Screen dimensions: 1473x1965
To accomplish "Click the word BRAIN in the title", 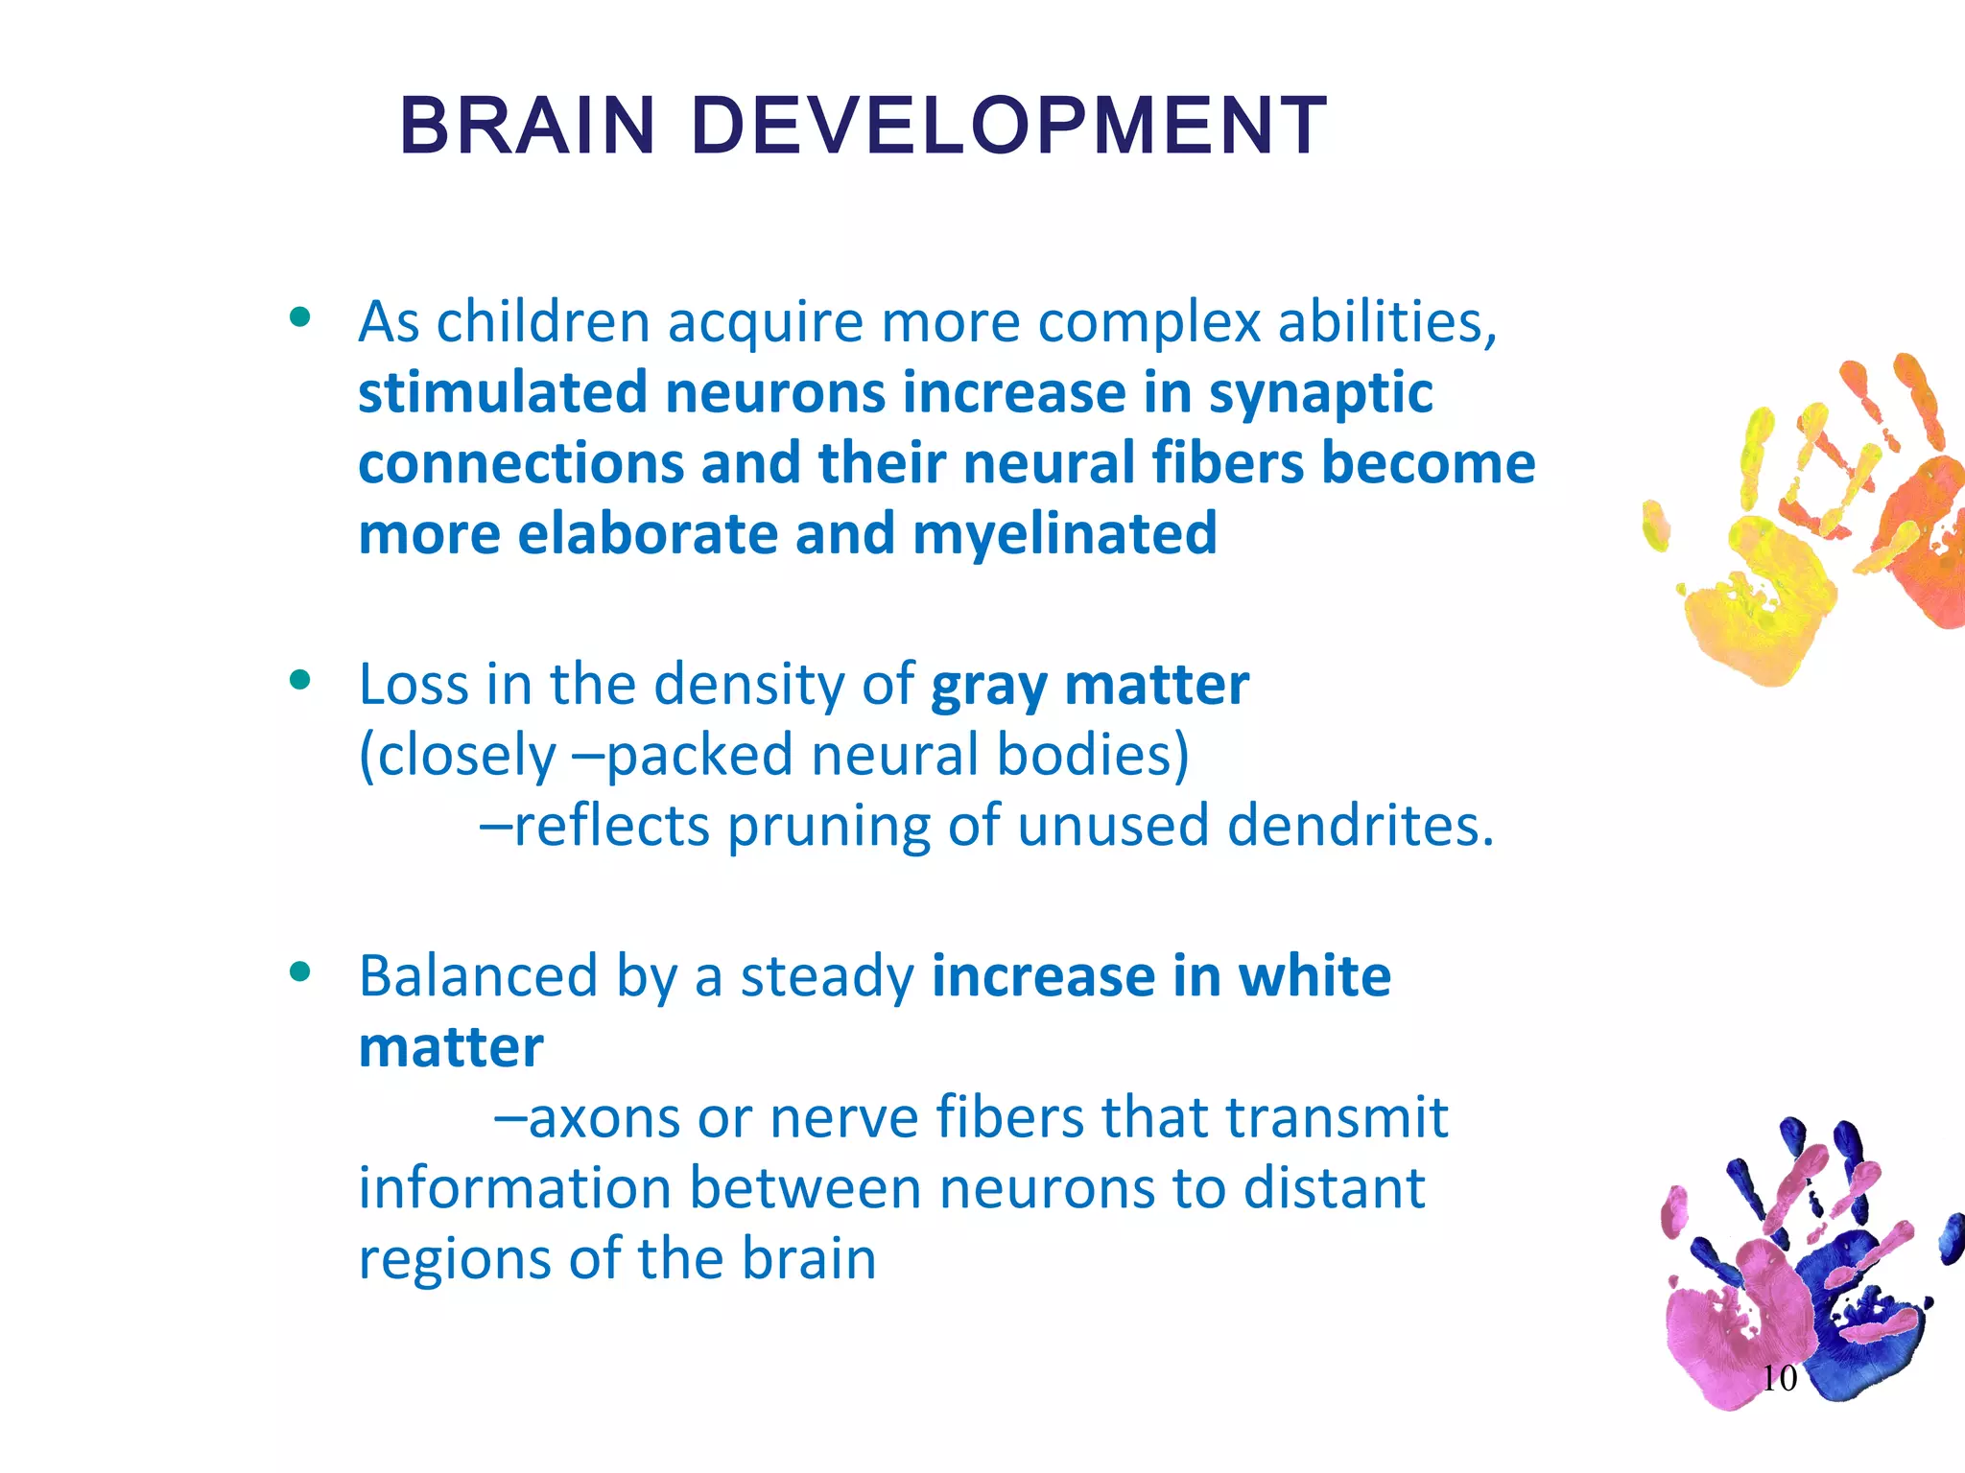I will pyautogui.click(x=527, y=127).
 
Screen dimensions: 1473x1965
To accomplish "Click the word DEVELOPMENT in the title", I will pyautogui.click(x=1008, y=127).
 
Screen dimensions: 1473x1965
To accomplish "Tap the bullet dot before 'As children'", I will pyautogui.click(x=300, y=317).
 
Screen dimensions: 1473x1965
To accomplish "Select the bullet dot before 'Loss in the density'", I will pyautogui.click(x=300, y=680).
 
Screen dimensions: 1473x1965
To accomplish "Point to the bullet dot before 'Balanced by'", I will pyautogui.click(x=300, y=971).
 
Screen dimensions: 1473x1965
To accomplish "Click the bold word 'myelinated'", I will pyautogui.click(x=1064, y=534).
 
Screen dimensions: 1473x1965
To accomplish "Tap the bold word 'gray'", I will pyautogui.click(x=988, y=687).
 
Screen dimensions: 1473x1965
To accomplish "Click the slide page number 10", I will pyautogui.click(x=1779, y=1378).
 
